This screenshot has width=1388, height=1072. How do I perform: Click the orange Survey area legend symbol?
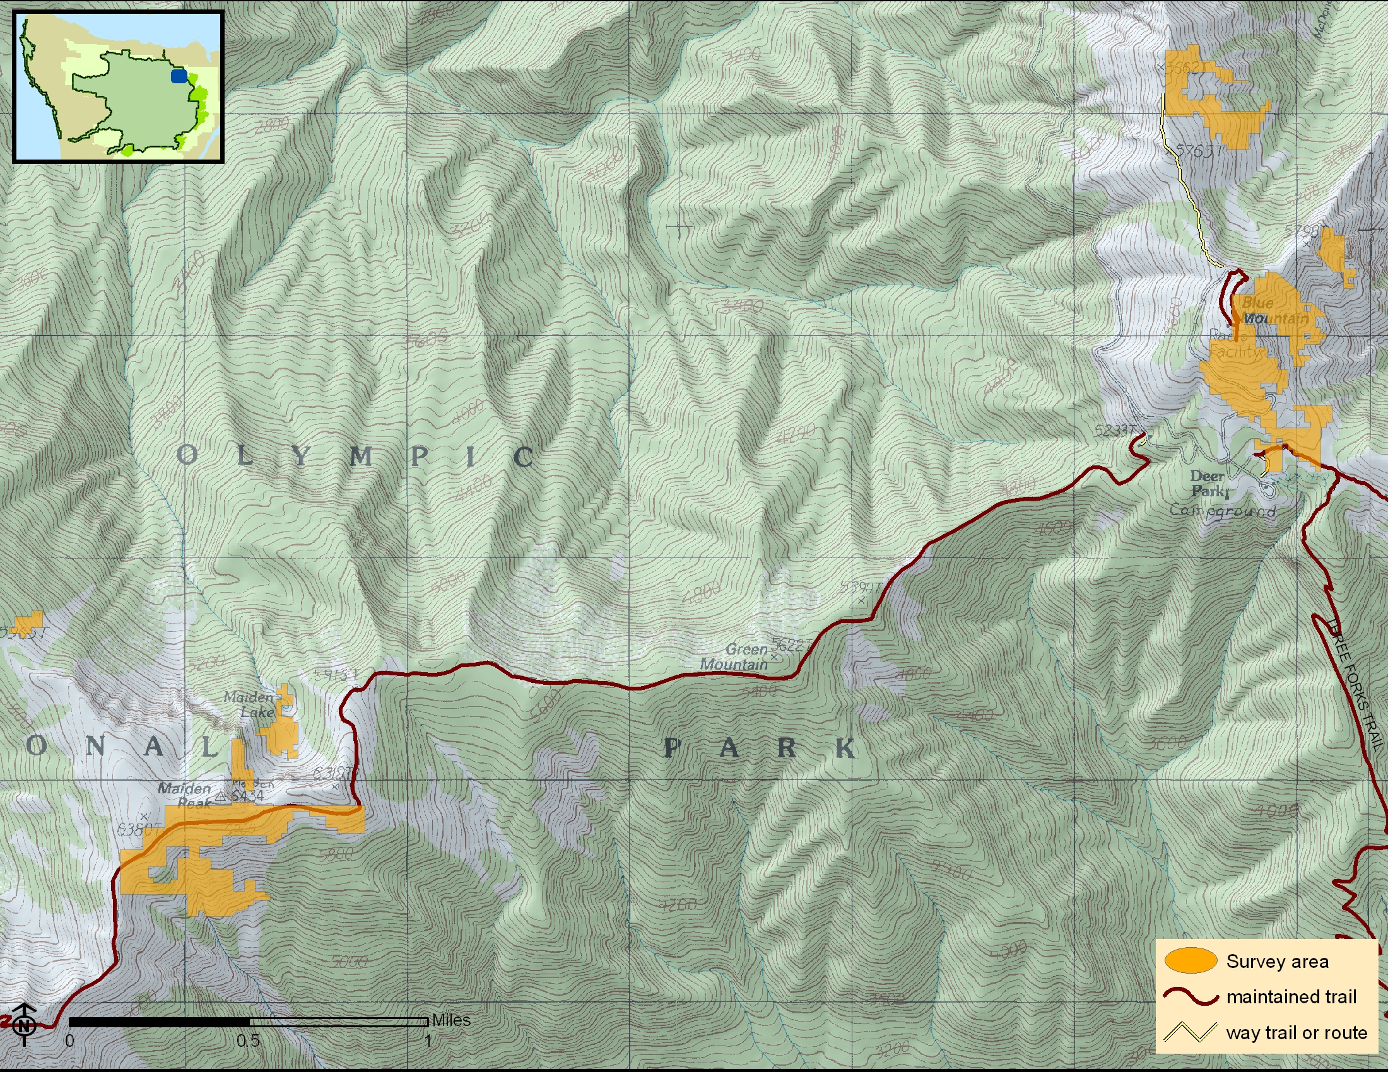coord(1191,961)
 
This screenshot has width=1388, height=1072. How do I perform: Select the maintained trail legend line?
coord(1191,997)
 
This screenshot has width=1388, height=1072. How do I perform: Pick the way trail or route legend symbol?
coord(1191,1033)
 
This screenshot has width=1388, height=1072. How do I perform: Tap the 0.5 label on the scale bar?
coord(248,1041)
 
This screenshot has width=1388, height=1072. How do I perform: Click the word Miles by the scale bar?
coord(450,1020)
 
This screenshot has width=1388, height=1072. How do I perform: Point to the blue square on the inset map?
coord(179,76)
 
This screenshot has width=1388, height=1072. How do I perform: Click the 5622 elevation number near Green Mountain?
coord(788,645)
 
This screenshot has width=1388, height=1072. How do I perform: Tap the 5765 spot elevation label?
coord(1199,151)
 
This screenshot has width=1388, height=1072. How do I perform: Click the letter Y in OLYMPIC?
coord(301,456)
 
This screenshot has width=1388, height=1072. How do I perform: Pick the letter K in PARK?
coord(845,749)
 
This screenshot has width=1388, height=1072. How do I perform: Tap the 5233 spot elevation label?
coord(1114,431)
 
